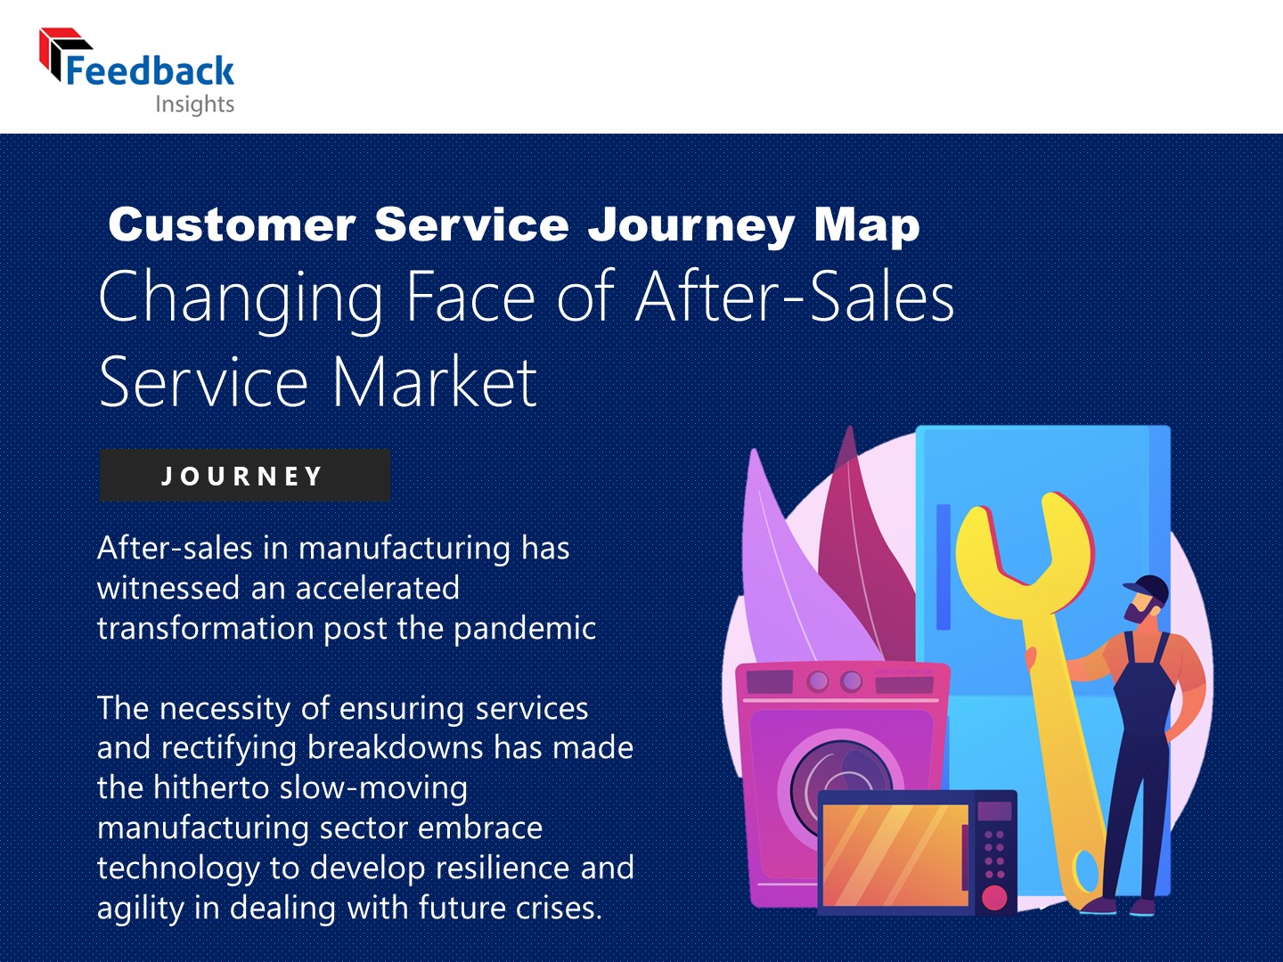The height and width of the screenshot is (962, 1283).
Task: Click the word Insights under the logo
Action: pos(194,104)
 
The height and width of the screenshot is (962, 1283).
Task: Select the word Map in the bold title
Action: pos(866,224)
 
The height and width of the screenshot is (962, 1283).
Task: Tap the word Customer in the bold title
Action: pos(232,224)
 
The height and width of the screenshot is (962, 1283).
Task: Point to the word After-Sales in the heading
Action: pos(795,297)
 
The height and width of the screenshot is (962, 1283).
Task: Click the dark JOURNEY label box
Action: pos(244,476)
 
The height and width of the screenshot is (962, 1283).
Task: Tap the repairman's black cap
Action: pos(1148,588)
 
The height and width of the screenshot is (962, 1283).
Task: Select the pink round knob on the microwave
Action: pos(994,896)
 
